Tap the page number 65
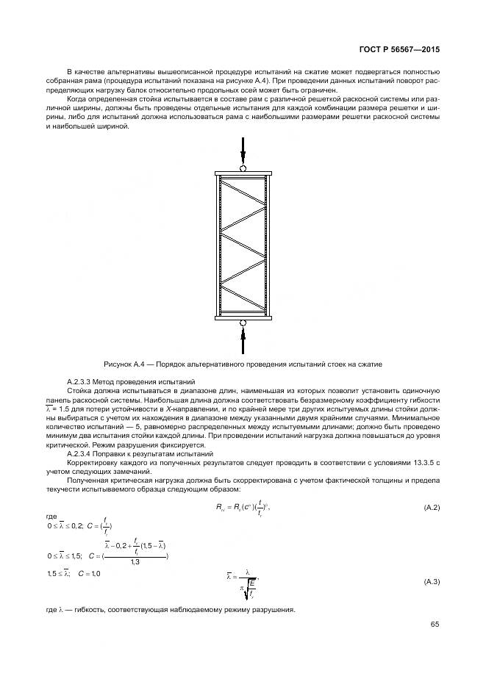click(435, 625)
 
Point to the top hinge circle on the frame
click(243, 168)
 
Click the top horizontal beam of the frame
click(243, 174)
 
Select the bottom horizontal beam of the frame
click(243, 317)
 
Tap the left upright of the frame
click(218, 245)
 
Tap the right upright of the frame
click(268, 245)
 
